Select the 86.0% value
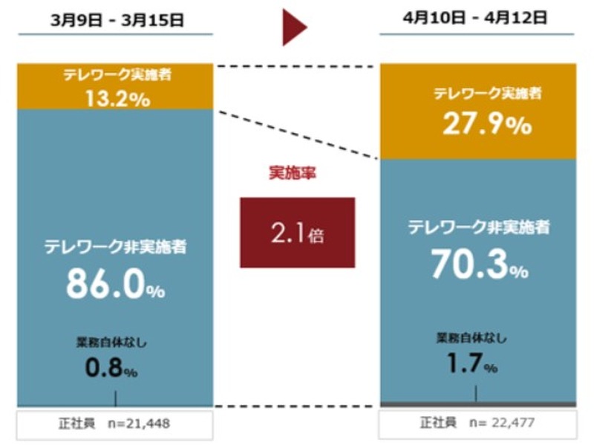coord(115,285)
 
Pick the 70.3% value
coord(479,265)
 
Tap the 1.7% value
coord(472,363)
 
